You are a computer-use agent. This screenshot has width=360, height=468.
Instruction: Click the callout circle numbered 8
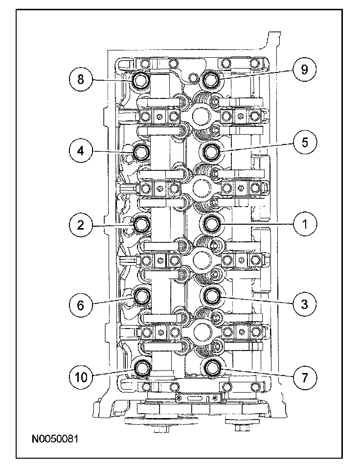[x=81, y=80]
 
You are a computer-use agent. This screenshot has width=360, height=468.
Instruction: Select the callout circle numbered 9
[x=305, y=70]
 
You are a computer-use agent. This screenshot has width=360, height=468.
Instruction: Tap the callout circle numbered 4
[x=81, y=151]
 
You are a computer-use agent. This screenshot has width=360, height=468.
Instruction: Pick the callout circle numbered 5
[x=305, y=142]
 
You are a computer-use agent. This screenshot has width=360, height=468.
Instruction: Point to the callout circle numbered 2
[x=81, y=225]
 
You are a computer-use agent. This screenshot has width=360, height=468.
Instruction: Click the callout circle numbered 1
[x=305, y=224]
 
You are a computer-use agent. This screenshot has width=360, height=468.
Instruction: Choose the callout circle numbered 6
[x=81, y=305]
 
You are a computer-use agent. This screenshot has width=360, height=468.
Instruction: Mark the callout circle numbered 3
[x=305, y=304]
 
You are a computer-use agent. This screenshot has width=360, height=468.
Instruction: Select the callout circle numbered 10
[x=81, y=377]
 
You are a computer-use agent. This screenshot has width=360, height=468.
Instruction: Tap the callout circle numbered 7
[x=305, y=378]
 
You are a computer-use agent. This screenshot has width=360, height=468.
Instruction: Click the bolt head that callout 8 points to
[x=140, y=80]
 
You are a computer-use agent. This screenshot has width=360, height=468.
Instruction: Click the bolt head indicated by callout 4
[x=140, y=152]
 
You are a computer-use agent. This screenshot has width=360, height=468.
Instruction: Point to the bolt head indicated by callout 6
[x=141, y=296]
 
